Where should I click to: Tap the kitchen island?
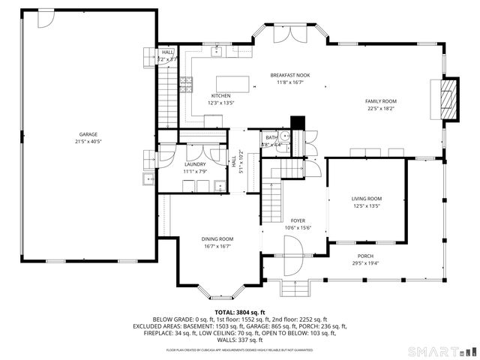pos(232,82)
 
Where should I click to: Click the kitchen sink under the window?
pos(217,52)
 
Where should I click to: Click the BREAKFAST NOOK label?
pos(291,75)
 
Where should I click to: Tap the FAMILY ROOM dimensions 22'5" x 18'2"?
pos(381,108)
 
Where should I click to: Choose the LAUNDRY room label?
pos(195,163)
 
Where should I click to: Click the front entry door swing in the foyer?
pos(291,250)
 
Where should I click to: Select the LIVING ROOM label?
pos(367,199)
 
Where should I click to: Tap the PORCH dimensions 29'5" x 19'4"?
pos(366,262)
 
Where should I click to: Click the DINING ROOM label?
pos(216,239)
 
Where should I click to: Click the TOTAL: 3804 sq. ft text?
pos(240,311)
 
